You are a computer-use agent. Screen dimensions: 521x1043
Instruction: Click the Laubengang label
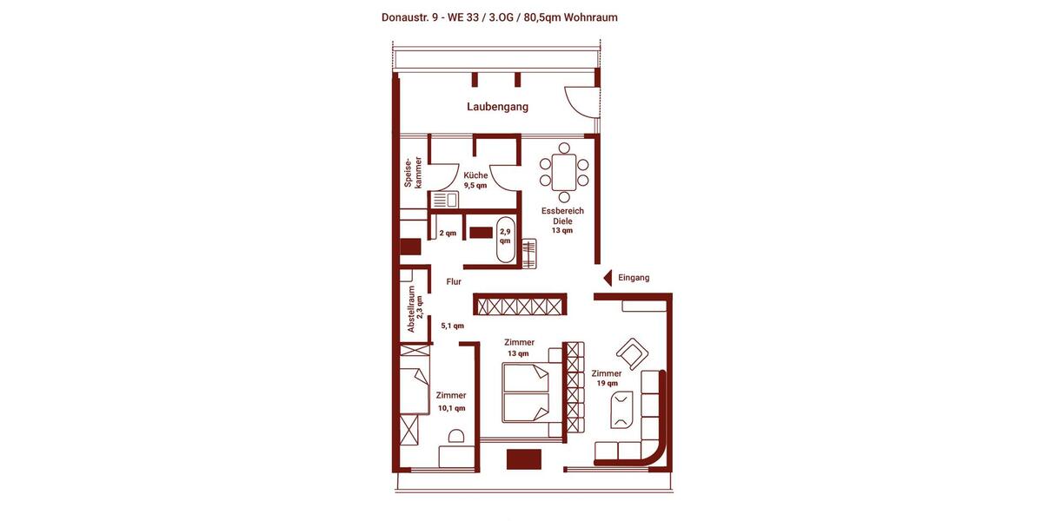point(497,107)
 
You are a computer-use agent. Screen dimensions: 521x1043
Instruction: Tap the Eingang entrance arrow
point(607,278)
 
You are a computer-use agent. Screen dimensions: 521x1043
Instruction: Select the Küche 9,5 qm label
point(475,180)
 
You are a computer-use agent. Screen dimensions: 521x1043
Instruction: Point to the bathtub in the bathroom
point(505,243)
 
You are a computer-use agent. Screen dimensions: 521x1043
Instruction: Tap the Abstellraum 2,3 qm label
point(415,310)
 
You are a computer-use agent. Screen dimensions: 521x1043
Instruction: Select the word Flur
point(454,282)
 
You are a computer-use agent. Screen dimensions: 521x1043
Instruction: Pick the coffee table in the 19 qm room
point(621,410)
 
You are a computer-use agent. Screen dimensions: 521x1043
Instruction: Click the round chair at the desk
point(455,436)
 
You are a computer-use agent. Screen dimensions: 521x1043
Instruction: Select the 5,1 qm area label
point(452,326)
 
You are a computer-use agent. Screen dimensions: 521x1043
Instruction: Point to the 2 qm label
point(448,233)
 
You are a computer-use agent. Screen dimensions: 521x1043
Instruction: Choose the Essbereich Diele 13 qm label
point(562,221)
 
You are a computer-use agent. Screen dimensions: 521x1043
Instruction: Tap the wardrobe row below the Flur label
point(520,305)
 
